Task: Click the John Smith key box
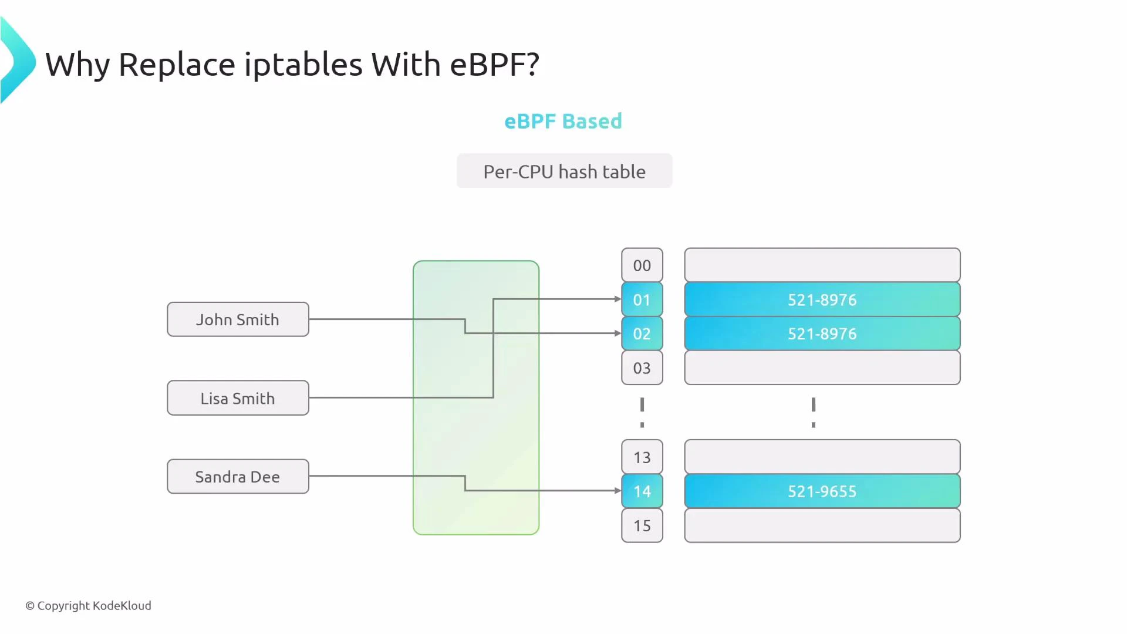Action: pos(238,319)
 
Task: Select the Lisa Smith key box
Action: pos(238,398)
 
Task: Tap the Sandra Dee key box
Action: pos(238,477)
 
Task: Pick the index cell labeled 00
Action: pos(642,265)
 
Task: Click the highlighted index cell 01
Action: pos(642,300)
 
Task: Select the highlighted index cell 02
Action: pos(642,334)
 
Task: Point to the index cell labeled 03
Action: pos(642,368)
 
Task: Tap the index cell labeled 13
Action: pos(642,457)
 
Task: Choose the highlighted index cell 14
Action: pos(642,491)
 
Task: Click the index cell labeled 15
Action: pos(642,525)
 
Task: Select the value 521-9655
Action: pos(822,491)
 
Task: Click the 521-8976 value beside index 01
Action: pos(822,300)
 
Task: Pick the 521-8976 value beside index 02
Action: pos(822,334)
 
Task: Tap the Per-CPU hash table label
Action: pos(564,171)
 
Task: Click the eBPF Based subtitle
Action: pos(563,121)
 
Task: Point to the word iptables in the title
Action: pos(303,64)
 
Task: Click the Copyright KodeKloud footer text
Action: pos(89,606)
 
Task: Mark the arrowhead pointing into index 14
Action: pos(618,490)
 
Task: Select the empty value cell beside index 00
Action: pos(822,265)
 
